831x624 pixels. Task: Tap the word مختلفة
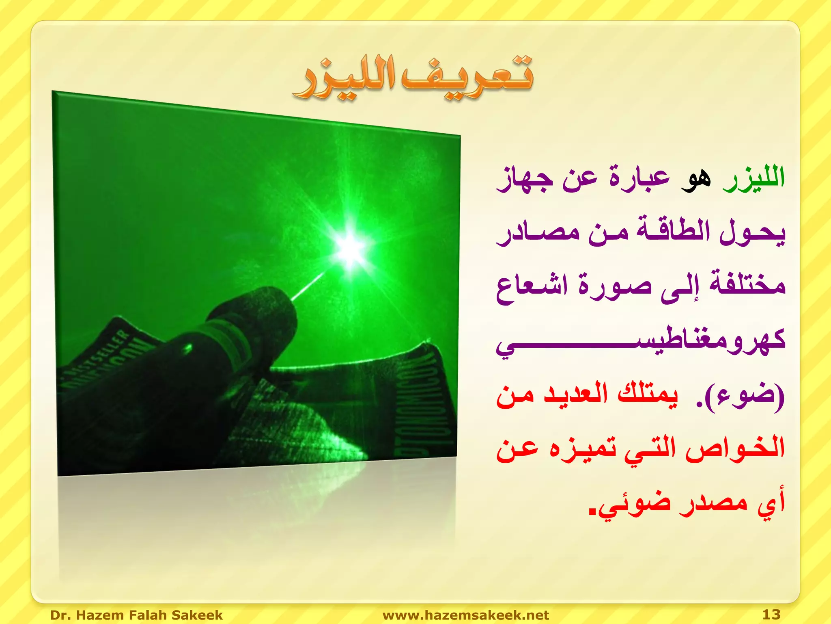[x=747, y=284]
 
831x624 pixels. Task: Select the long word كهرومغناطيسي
[x=641, y=341]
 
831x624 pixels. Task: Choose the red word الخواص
[x=735, y=449]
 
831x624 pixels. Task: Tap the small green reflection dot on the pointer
[x=188, y=348]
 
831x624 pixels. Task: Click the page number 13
[x=771, y=614]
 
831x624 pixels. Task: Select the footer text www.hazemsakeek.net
[x=465, y=615]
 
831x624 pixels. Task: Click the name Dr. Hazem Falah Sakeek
[x=136, y=615]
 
